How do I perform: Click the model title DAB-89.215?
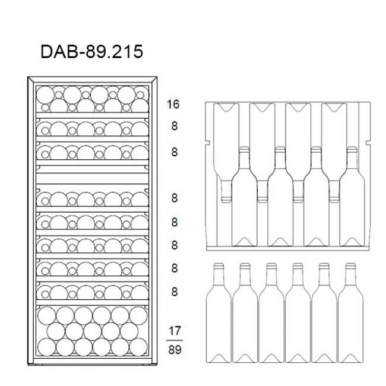coord(91,52)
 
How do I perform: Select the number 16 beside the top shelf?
coord(173,105)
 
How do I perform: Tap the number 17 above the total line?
coord(175,331)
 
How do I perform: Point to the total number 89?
coord(175,350)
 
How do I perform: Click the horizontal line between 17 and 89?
coord(175,340)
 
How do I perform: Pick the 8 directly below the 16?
coord(174,126)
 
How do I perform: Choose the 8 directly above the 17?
coord(174,292)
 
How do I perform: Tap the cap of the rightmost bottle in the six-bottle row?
coord(350,265)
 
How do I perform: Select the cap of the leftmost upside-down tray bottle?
coord(226,199)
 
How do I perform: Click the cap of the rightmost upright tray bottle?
coord(352,150)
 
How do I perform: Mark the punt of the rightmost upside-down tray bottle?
coord(334,107)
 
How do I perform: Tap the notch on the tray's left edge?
coord(207,143)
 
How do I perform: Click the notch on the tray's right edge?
coord(368,143)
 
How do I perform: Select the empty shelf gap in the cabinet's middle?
coord(93,178)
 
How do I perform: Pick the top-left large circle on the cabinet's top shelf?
coord(45,95)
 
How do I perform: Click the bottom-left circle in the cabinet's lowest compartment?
coord(46,347)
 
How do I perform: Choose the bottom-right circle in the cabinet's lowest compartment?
coord(138,347)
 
